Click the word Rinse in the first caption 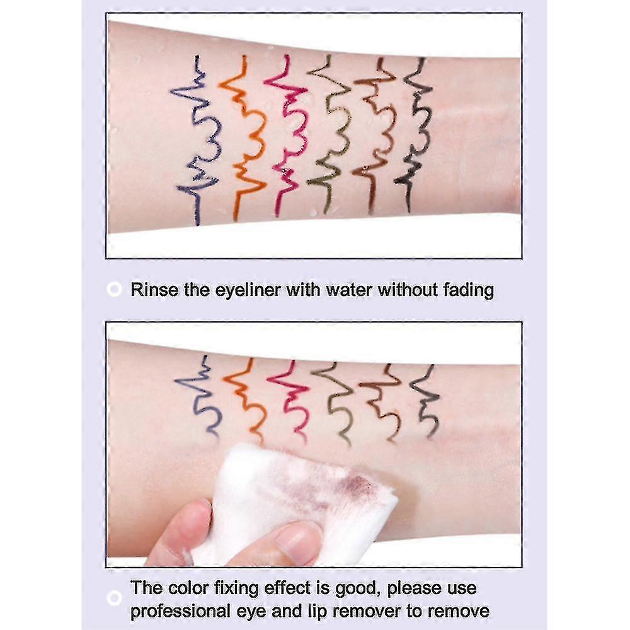point(150,290)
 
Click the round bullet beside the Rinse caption point(114,290)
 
